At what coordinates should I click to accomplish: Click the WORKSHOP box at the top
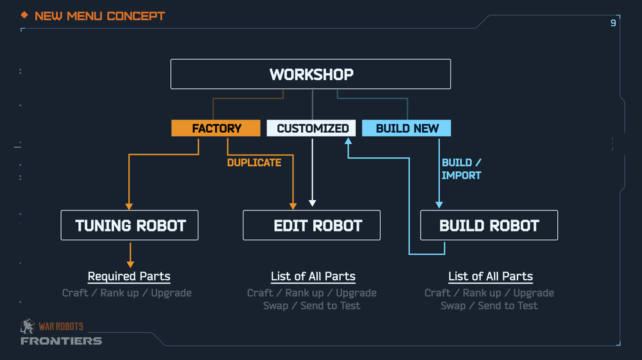click(x=311, y=74)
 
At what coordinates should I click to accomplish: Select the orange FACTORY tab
click(x=216, y=128)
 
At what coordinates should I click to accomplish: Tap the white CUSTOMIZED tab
click(x=312, y=128)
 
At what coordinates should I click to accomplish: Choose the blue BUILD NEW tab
click(x=407, y=128)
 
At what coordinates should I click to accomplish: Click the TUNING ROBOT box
click(x=130, y=225)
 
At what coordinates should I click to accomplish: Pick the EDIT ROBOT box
click(x=312, y=225)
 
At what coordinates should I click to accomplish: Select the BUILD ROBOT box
click(x=489, y=225)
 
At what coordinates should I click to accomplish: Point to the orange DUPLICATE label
click(x=254, y=163)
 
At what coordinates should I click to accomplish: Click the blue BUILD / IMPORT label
click(x=461, y=169)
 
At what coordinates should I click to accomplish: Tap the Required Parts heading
click(x=129, y=277)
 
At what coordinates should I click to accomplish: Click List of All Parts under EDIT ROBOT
click(x=313, y=277)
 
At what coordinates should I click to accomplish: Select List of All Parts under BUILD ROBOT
click(x=490, y=277)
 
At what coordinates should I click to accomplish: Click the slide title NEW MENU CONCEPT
click(x=100, y=15)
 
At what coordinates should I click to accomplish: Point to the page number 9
click(x=613, y=23)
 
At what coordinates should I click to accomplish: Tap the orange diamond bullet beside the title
click(x=24, y=15)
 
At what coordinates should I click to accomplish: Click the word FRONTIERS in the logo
click(x=61, y=341)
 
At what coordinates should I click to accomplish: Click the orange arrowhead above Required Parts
click(x=130, y=263)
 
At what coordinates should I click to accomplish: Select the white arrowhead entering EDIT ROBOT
click(x=312, y=203)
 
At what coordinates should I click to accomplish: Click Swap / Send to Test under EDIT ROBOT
click(x=312, y=305)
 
